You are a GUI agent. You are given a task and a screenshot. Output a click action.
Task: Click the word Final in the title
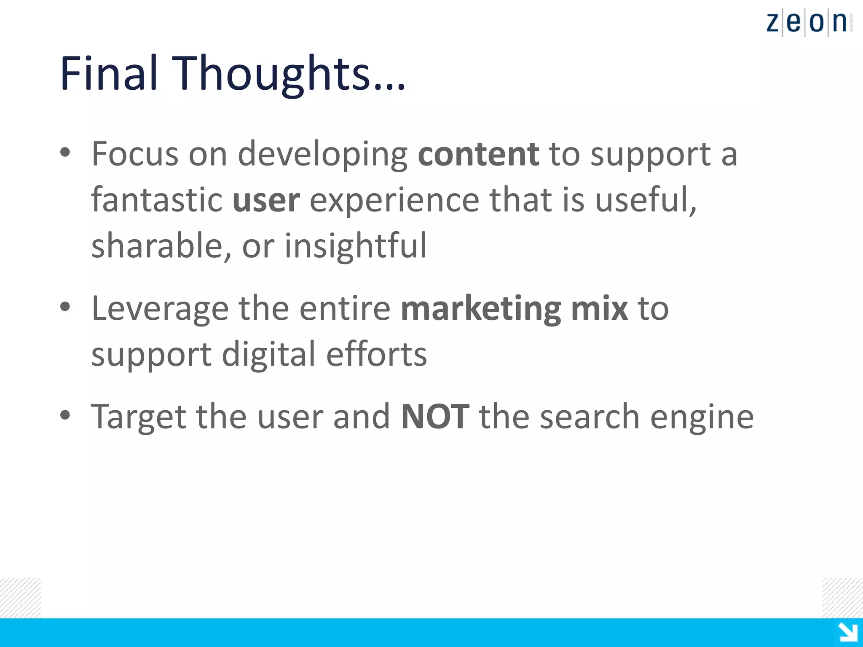point(109,73)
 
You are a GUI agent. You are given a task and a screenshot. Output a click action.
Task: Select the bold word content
point(478,154)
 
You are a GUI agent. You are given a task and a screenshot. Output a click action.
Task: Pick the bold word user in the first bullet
point(266,201)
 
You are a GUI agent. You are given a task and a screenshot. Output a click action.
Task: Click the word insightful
point(355,246)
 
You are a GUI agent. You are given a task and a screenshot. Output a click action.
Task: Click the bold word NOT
point(435,417)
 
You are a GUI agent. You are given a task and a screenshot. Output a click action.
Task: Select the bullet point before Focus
point(65,153)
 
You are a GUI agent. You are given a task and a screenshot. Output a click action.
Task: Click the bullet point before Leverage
point(65,307)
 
